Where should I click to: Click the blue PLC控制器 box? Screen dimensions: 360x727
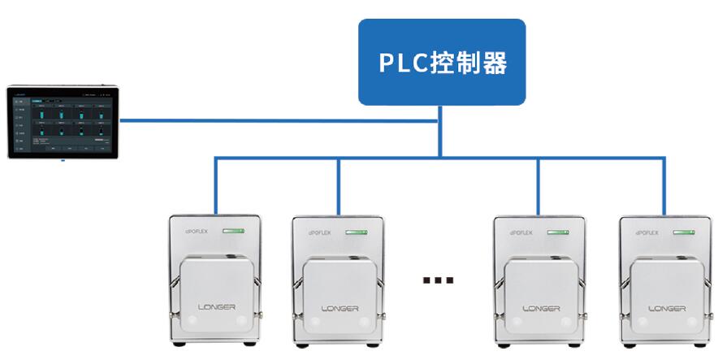[x=442, y=62]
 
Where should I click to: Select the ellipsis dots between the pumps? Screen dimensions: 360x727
[x=438, y=280]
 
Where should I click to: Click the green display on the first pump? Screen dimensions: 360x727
[x=236, y=232]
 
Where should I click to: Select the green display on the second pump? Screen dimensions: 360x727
[x=357, y=232]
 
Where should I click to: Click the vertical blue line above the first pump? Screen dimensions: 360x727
[x=215, y=185]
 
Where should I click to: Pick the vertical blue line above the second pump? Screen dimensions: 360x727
[x=339, y=185]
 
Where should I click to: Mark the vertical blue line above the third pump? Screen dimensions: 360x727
[x=539, y=185]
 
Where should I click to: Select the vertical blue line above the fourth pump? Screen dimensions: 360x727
[x=664, y=185]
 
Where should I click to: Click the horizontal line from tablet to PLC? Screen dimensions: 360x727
[x=276, y=121]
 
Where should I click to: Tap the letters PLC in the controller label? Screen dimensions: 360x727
[x=405, y=63]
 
